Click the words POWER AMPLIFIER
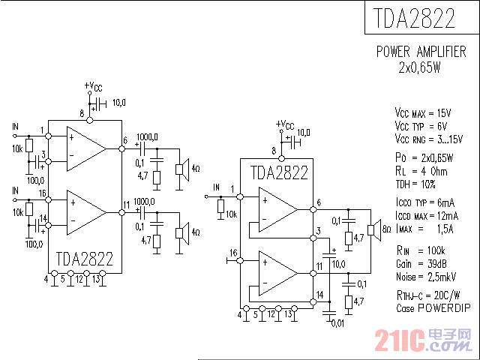(421, 52)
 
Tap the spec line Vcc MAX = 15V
(423, 113)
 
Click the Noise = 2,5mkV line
(424, 277)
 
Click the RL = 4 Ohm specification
(421, 171)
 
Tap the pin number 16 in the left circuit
(42, 193)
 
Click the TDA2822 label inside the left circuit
(84, 259)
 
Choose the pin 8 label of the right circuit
(274, 151)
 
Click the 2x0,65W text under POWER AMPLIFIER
(420, 67)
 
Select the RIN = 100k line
(421, 250)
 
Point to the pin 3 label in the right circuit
(318, 230)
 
